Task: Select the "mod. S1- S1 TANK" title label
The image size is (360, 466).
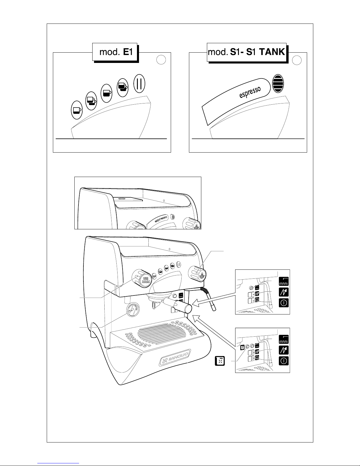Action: (x=246, y=52)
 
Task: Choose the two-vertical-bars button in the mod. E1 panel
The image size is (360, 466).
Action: (x=139, y=83)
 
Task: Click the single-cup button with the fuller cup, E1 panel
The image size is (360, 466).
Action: (x=106, y=93)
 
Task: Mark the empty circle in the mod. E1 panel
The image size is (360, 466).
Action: (x=161, y=60)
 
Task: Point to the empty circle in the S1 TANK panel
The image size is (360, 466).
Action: (x=297, y=60)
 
